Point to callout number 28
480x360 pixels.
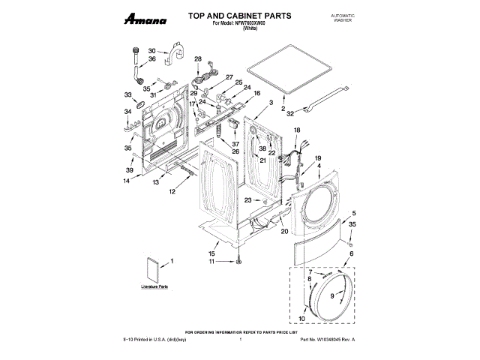198,59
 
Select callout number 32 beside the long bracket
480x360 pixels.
291,113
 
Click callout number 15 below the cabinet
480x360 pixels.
211,253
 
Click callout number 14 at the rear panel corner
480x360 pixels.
127,181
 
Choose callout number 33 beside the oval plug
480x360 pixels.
127,94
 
